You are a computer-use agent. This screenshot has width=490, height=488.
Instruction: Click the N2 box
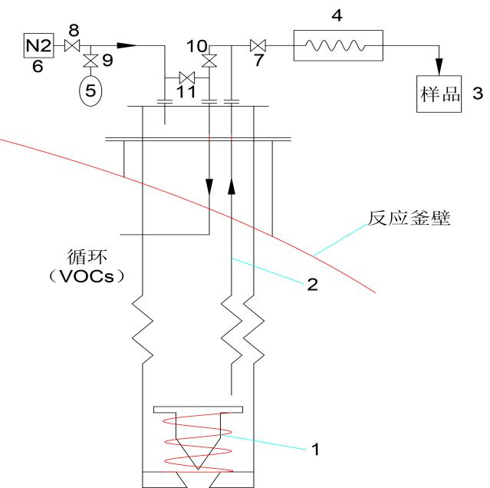click(x=38, y=46)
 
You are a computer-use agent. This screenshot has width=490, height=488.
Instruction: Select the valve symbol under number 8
click(x=74, y=47)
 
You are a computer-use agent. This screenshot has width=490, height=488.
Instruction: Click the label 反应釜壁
click(x=410, y=219)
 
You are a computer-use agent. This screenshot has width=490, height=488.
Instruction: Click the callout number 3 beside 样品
click(x=477, y=94)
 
